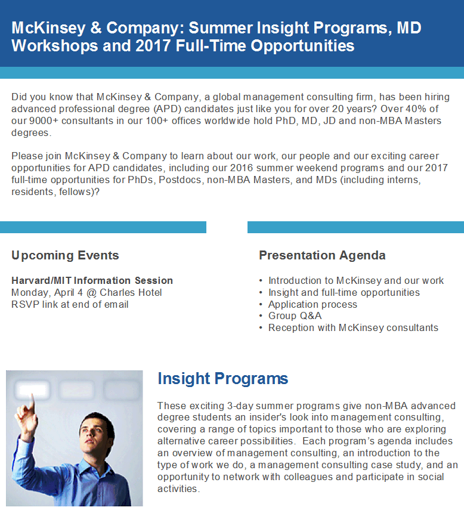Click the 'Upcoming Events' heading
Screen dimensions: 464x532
(x=65, y=255)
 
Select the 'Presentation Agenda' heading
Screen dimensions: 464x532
(x=322, y=255)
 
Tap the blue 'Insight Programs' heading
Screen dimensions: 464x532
(x=223, y=379)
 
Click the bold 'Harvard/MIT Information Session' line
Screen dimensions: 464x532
(x=92, y=280)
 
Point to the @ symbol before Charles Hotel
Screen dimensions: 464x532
(x=91, y=293)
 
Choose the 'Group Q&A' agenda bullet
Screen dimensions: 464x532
(x=295, y=316)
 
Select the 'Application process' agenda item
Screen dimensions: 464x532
(x=313, y=304)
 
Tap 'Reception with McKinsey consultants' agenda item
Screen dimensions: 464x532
(x=353, y=328)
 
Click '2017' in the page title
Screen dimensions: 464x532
(x=153, y=46)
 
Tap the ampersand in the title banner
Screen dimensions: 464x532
(x=96, y=28)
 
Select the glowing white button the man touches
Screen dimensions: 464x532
(x=32, y=389)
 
